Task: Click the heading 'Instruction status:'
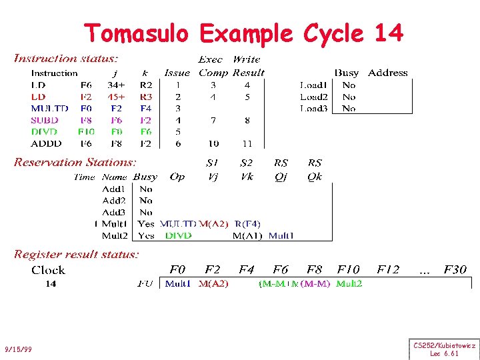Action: click(x=67, y=59)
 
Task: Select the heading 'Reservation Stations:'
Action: click(x=75, y=162)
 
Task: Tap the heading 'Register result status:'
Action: click(x=77, y=254)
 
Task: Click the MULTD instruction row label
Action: click(x=49, y=108)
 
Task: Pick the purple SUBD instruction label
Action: click(x=45, y=120)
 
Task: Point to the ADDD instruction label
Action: click(x=46, y=143)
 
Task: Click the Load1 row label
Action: click(x=313, y=85)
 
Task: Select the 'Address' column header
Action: click(x=387, y=73)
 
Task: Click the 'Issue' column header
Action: click(x=177, y=73)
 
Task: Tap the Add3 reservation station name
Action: click(x=114, y=212)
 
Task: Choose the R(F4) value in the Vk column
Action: click(x=247, y=224)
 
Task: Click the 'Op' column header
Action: click(x=177, y=177)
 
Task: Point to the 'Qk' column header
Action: click(x=315, y=177)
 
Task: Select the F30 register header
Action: click(x=455, y=270)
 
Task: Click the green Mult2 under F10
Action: click(x=349, y=283)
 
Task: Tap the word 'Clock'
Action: click(x=48, y=270)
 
